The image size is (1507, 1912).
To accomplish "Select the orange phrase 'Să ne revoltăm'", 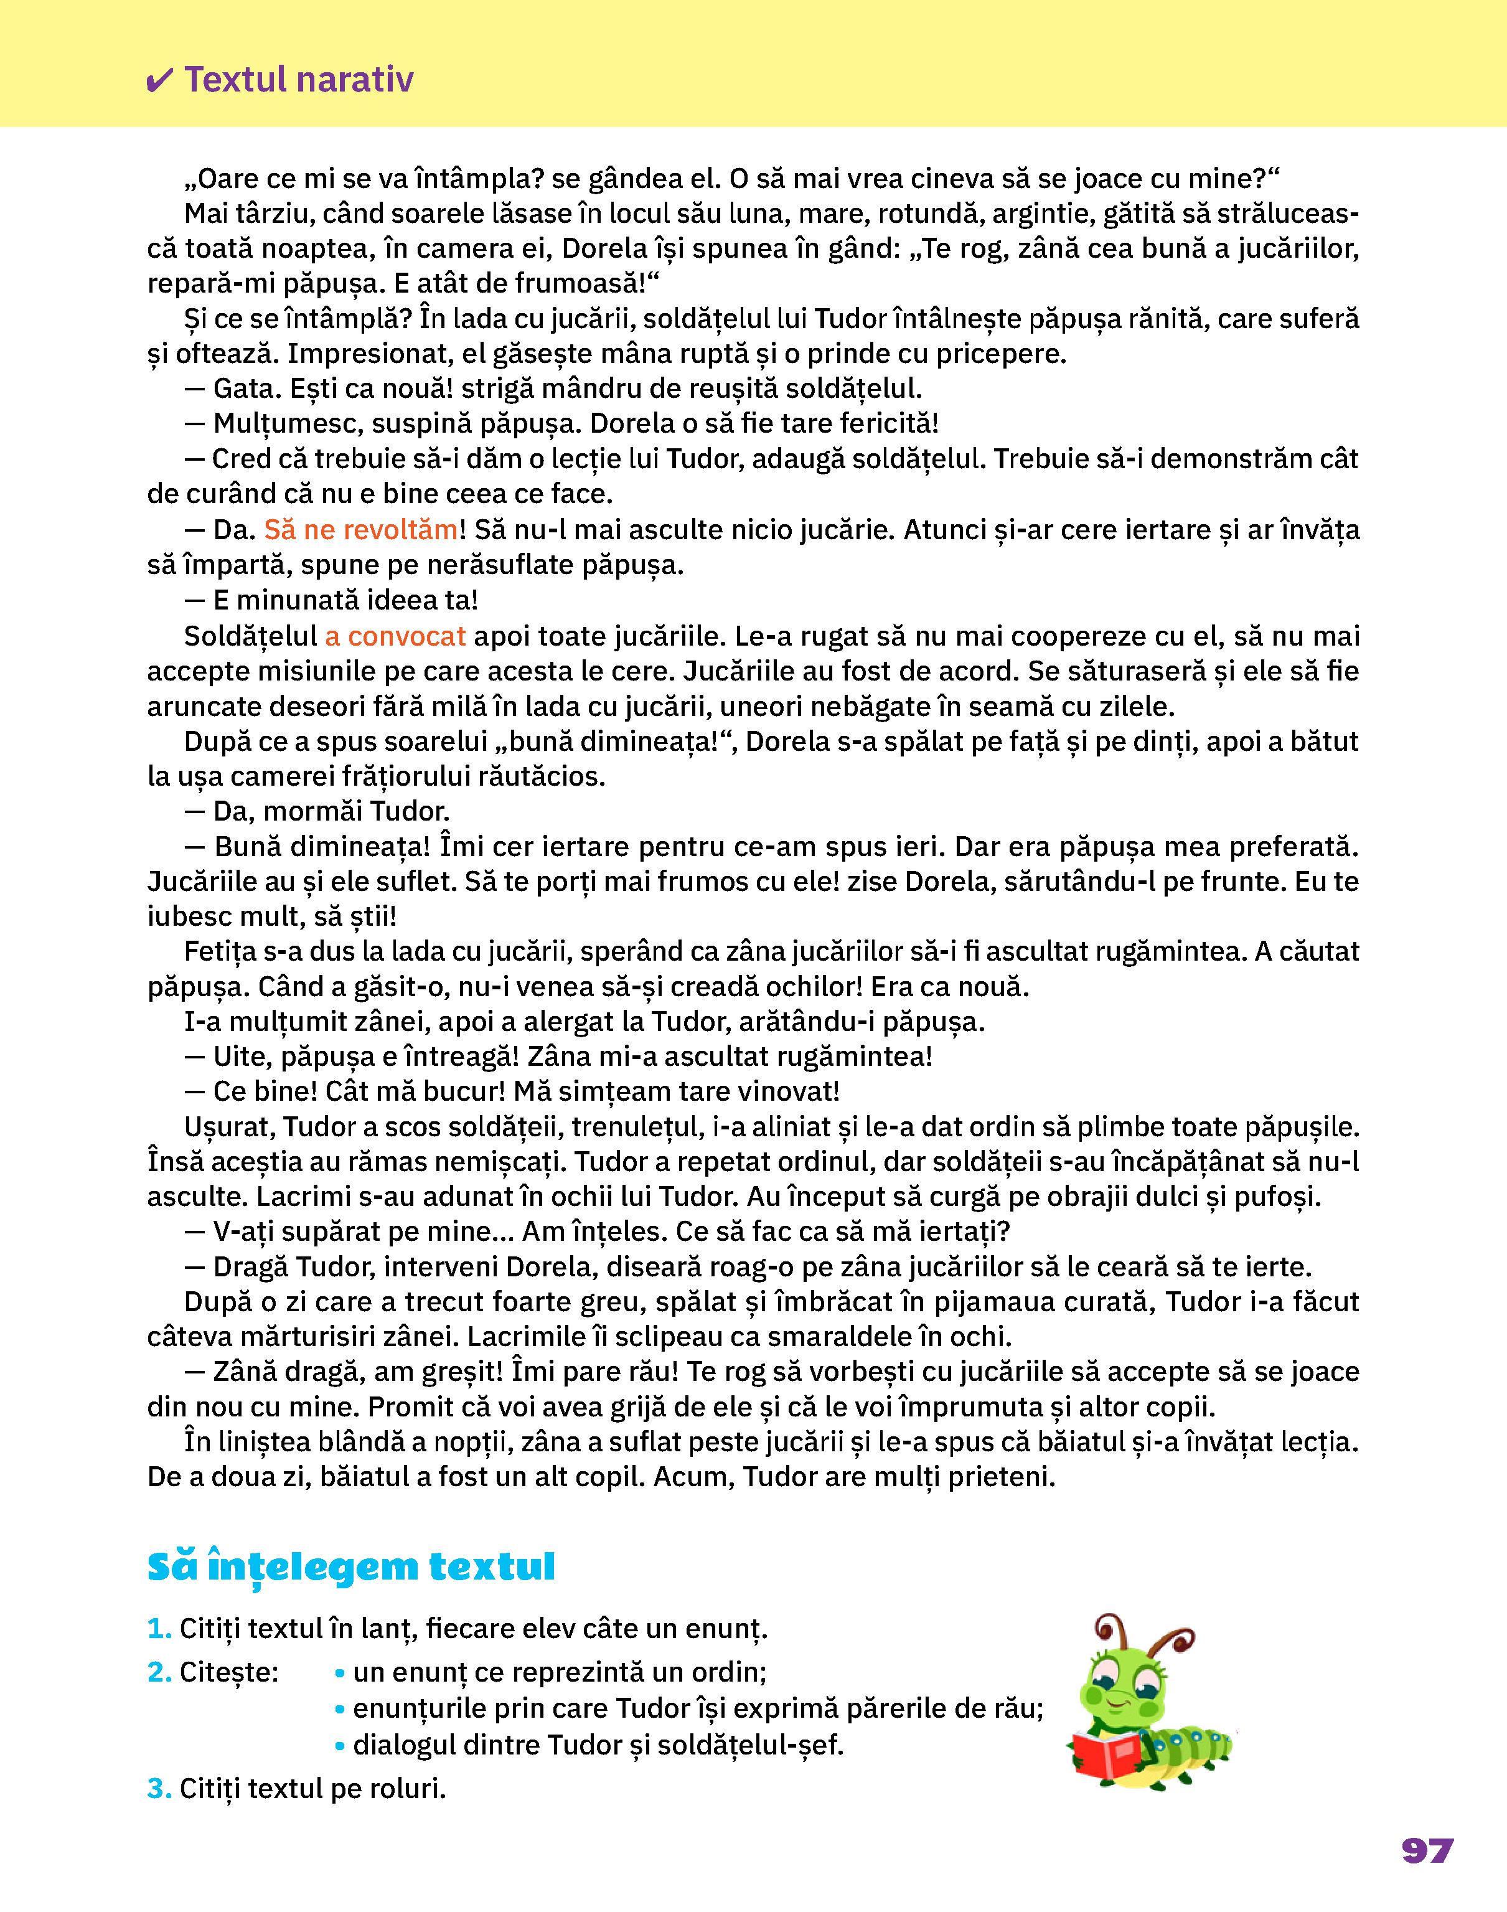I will coord(361,530).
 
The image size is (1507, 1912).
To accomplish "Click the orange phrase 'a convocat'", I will coord(395,636).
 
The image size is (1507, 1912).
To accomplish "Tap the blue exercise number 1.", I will coord(159,1629).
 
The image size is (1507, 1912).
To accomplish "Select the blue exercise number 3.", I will coord(159,1789).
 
